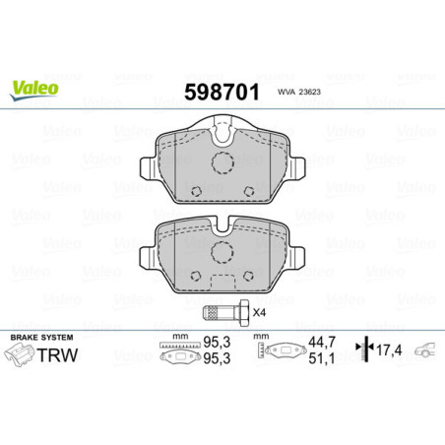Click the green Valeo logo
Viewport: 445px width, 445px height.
tap(35, 87)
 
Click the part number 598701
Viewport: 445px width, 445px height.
tap(223, 95)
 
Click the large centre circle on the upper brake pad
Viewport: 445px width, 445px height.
tap(222, 164)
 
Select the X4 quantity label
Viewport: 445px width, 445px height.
tap(260, 313)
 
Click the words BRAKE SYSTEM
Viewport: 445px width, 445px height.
tap(37, 339)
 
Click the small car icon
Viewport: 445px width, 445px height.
tap(426, 350)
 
